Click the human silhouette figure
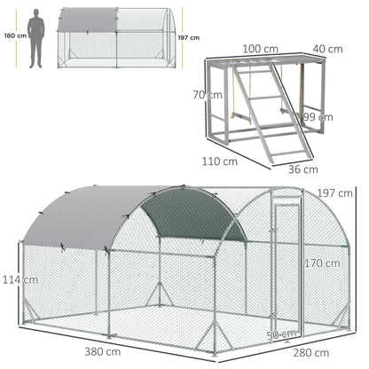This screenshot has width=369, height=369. (35, 40)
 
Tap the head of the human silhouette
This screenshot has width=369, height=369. (35, 12)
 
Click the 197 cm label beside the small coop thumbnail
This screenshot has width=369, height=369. (188, 37)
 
